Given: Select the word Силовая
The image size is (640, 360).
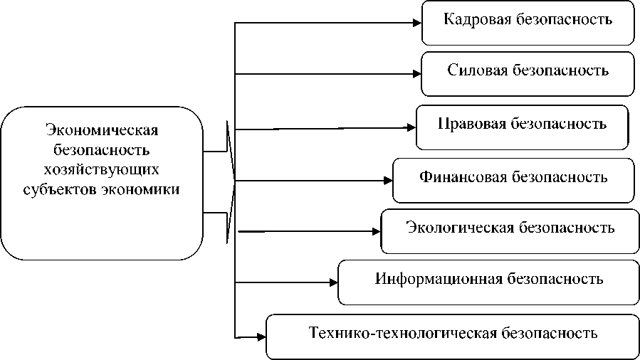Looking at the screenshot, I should coord(476,70).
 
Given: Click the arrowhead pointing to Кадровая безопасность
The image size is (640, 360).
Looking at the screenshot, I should coord(416,22).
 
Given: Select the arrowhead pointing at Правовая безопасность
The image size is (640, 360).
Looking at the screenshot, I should coord(411,128).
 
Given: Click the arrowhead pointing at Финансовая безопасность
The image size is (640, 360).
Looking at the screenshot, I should coord(388,180).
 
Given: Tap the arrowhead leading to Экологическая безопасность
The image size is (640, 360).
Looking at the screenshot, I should coord(377,231).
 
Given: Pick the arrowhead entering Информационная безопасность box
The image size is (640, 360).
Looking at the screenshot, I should coord(332,282).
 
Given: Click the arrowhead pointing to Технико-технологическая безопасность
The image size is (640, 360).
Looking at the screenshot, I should coord(261,335).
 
